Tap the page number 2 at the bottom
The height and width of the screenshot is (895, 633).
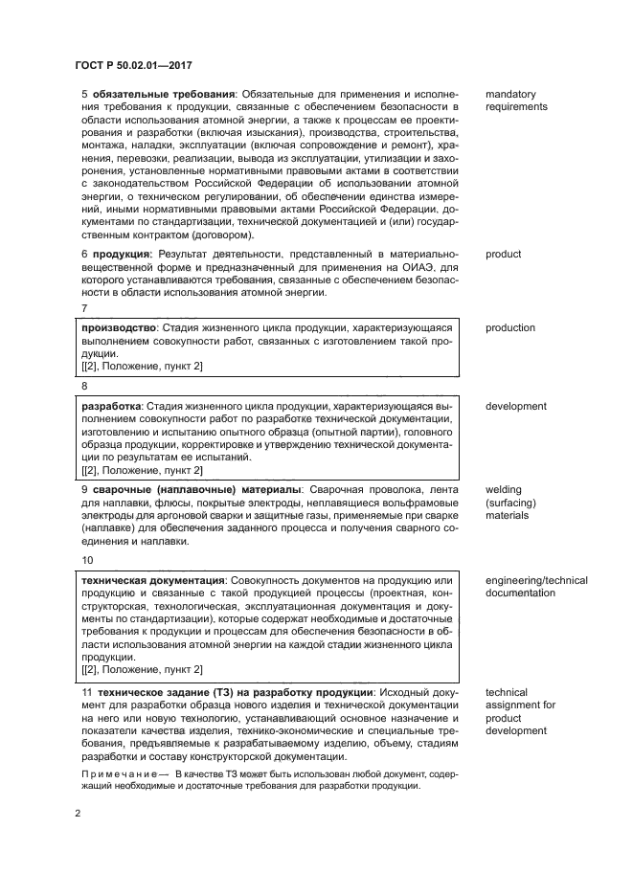79,814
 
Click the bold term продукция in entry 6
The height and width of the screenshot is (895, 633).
122,255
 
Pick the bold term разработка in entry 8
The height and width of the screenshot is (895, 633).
112,406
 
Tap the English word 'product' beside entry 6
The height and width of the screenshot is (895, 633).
503,255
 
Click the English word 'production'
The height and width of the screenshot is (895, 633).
509,328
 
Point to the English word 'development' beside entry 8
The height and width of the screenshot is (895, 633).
516,406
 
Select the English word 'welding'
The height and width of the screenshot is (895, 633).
504,490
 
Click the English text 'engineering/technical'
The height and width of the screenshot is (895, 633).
536,581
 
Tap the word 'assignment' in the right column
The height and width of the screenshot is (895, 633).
520,705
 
